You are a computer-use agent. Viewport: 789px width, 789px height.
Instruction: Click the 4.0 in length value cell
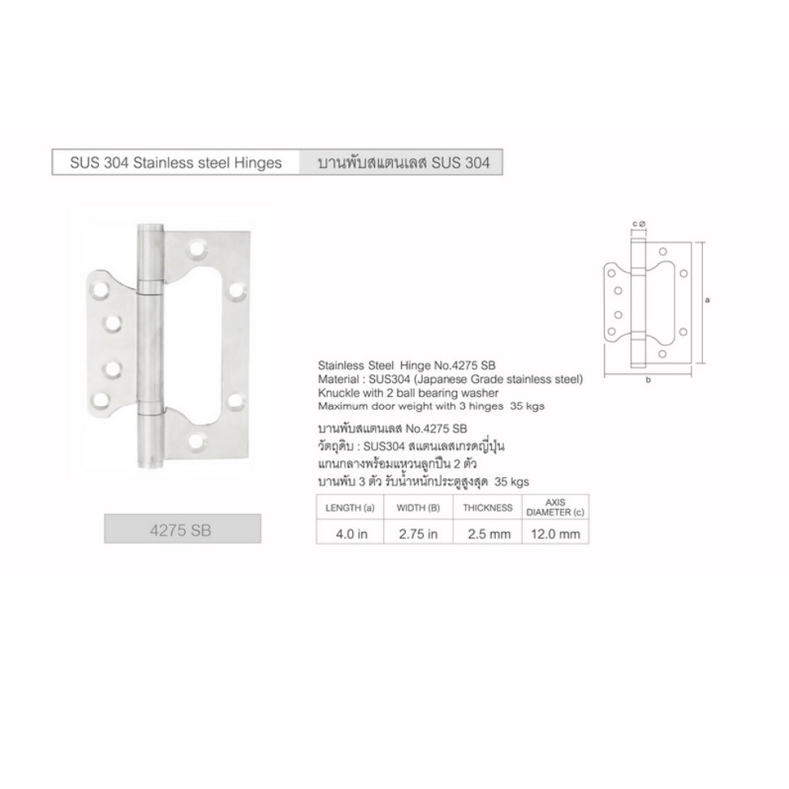[x=351, y=534]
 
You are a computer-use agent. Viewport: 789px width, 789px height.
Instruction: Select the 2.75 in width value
[x=418, y=534]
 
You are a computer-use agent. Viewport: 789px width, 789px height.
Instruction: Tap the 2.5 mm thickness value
[x=489, y=534]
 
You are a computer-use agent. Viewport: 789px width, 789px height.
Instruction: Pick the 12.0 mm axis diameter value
[x=555, y=534]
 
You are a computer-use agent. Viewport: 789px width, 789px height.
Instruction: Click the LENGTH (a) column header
[x=350, y=507]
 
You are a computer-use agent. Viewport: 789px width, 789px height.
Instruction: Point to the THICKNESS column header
[x=488, y=507]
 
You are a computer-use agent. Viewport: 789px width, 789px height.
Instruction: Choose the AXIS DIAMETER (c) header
[x=555, y=507]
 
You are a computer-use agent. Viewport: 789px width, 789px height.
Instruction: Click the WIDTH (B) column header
[x=418, y=507]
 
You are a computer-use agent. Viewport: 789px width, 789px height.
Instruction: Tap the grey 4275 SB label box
[x=183, y=528]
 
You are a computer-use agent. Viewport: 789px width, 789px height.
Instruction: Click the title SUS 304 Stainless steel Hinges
[x=175, y=163]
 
